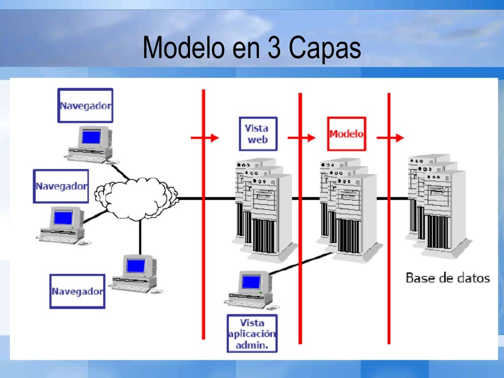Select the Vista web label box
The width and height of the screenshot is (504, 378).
[x=258, y=133]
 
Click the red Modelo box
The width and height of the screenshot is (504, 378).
[x=346, y=134]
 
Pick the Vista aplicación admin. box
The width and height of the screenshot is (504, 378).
[x=252, y=333]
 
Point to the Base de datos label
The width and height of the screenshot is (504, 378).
[x=447, y=278]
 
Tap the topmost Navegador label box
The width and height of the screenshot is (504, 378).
[x=85, y=105]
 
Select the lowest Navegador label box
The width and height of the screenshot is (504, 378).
[x=77, y=291]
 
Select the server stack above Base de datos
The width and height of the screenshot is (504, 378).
[x=436, y=202]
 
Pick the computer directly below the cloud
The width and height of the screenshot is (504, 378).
[x=134, y=273]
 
